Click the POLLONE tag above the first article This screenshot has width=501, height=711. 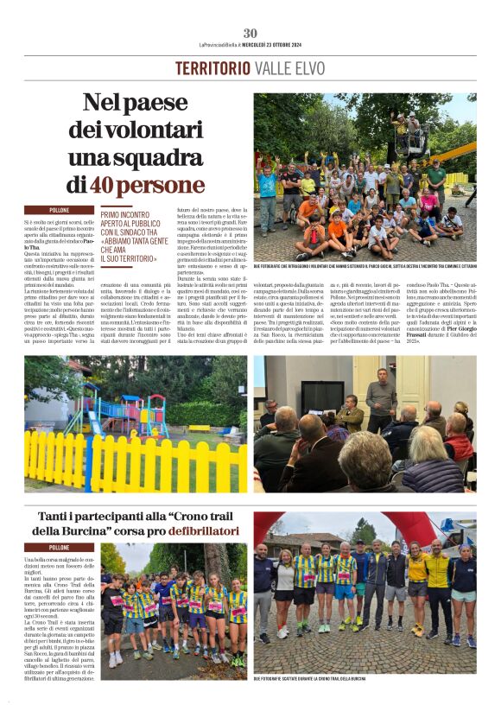click(x=59, y=210)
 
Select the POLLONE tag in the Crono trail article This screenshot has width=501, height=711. click(x=59, y=547)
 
